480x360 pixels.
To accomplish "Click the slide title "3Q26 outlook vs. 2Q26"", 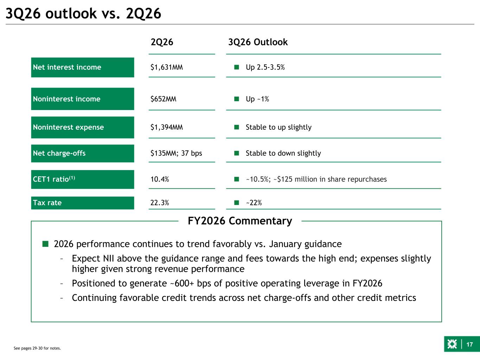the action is click(x=83, y=14).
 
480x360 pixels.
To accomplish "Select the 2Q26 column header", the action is click(x=162, y=42).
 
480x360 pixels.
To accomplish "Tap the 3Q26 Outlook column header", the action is click(x=258, y=42).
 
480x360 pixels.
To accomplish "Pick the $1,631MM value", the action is click(x=166, y=67).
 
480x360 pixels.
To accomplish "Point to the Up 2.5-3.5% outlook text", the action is click(x=265, y=67).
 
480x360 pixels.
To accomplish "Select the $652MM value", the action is click(x=163, y=99).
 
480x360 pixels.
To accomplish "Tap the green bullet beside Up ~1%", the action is click(x=237, y=99).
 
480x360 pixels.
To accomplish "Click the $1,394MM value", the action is click(x=166, y=127).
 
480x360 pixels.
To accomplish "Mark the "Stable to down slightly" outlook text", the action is click(x=283, y=153).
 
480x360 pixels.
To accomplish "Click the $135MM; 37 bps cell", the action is click(x=176, y=153).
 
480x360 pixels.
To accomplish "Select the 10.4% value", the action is click(x=160, y=179).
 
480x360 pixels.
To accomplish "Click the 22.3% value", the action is click(x=160, y=202).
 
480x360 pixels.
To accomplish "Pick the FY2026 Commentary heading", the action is click(x=240, y=221).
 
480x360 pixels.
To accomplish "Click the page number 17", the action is click(x=469, y=345).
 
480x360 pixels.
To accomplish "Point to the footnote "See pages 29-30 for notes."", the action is click(x=37, y=348).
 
